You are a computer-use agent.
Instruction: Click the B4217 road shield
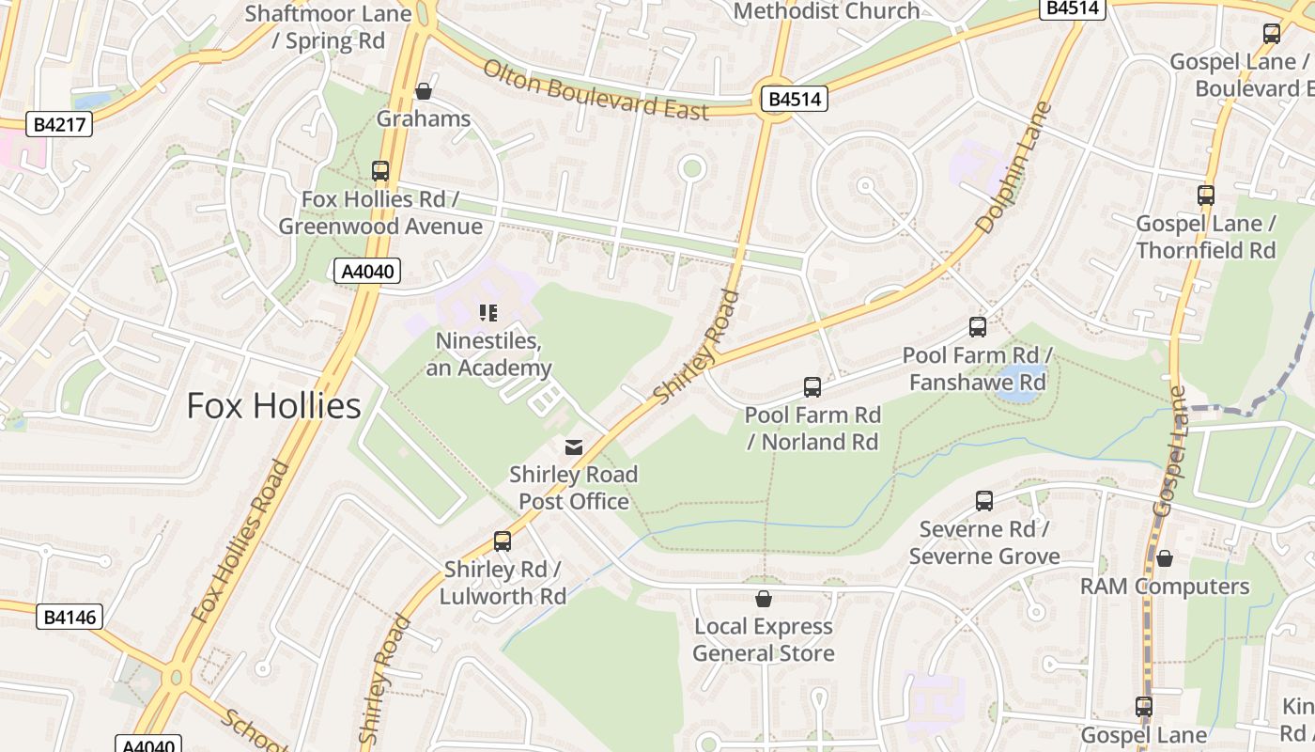tap(58, 124)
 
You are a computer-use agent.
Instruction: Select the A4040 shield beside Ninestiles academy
tap(367, 272)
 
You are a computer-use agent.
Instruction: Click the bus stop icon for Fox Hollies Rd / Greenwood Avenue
tap(380, 171)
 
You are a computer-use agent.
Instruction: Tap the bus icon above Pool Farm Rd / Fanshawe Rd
tap(978, 327)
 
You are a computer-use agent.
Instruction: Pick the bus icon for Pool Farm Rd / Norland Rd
tap(812, 387)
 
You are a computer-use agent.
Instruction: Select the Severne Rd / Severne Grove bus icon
tap(984, 501)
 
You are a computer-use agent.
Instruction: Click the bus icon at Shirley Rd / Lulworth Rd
tap(503, 541)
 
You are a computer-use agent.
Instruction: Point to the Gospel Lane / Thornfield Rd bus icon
tap(1206, 196)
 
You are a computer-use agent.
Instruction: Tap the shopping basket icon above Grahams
tap(424, 91)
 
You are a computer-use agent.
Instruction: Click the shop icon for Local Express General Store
tap(764, 599)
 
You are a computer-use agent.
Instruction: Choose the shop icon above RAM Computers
tap(1165, 558)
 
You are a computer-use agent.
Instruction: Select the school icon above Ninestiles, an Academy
tap(487, 313)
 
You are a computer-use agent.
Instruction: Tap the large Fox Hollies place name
tap(273, 405)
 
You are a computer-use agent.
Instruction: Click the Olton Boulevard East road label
tap(596, 90)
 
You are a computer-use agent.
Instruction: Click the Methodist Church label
tap(827, 11)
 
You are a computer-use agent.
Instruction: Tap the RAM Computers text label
tap(1165, 587)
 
